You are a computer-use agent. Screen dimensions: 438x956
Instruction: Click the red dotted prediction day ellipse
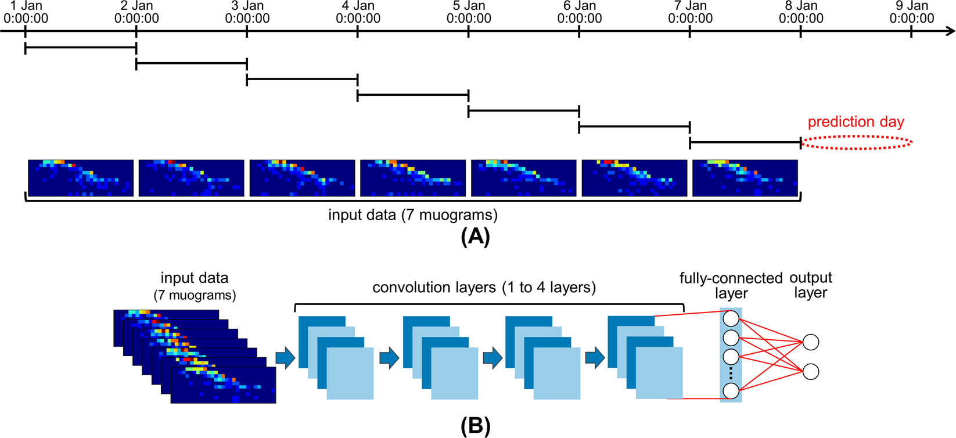(856, 142)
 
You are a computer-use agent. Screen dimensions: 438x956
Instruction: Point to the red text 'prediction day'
(856, 122)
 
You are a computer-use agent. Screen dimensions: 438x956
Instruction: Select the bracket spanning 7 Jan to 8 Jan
(745, 142)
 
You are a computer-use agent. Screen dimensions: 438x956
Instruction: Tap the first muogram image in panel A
(81, 178)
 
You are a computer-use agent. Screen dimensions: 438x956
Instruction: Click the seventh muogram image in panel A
(745, 178)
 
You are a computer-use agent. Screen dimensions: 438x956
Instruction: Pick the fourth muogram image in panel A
(413, 178)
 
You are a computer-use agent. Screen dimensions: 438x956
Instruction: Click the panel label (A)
(475, 237)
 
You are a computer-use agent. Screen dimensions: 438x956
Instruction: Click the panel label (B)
(475, 426)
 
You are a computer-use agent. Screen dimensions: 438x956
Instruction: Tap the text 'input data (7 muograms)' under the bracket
(412, 215)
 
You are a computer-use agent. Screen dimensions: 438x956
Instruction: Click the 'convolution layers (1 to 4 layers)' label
(484, 288)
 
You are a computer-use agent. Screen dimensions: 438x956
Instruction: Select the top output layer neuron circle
(811, 342)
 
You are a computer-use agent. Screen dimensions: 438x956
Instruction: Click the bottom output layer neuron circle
(811, 371)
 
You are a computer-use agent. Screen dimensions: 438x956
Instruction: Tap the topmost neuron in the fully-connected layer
(731, 318)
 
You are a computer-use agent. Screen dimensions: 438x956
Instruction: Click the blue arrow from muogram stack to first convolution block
(285, 358)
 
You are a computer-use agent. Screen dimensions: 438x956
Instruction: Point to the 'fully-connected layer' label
(731, 285)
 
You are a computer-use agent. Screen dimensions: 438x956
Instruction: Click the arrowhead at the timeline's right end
(950, 31)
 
